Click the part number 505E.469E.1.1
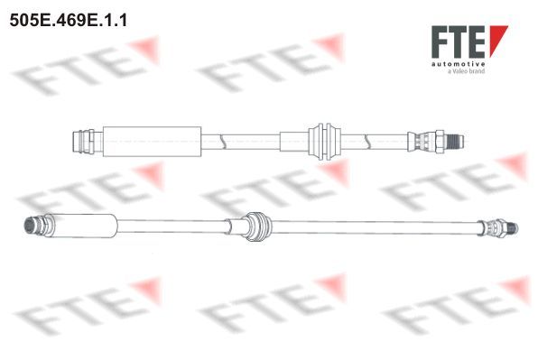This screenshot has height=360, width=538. [x=69, y=20]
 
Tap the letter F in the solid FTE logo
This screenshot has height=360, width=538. [x=440, y=42]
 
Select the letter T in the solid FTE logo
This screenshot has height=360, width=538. [x=459, y=42]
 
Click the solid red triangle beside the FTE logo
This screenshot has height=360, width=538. [x=496, y=39]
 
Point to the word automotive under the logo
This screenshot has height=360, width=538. [x=458, y=64]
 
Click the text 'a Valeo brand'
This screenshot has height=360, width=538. [x=467, y=71]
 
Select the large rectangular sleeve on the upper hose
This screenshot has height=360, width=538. [x=152, y=142]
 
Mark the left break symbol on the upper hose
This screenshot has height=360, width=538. [x=222, y=142]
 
